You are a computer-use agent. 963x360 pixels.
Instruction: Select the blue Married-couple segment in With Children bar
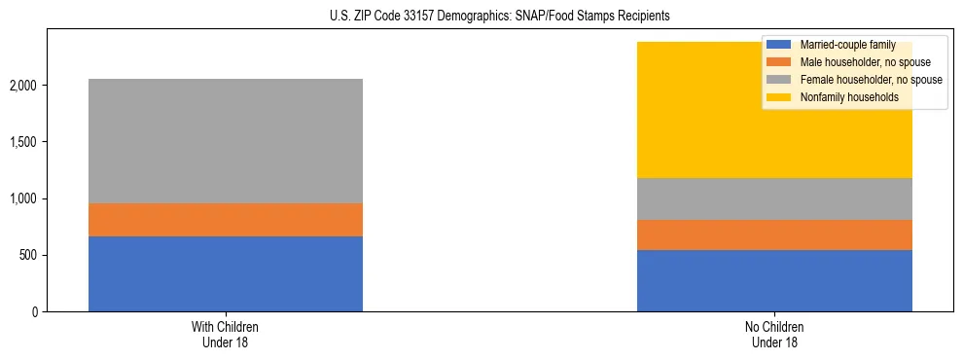(x=226, y=273)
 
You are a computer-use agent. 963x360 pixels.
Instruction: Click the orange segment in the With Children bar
(x=226, y=220)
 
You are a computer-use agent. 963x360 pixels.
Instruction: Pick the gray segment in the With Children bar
(x=226, y=141)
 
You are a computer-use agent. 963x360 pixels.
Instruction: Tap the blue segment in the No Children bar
(x=774, y=280)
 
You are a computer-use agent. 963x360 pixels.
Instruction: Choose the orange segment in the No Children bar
(x=774, y=234)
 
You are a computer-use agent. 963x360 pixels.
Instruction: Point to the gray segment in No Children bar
(x=774, y=198)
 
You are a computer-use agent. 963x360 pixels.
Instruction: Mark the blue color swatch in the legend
(x=779, y=45)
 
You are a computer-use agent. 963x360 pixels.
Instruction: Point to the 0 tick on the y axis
(x=34, y=312)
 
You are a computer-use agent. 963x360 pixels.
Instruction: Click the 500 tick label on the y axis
(x=29, y=256)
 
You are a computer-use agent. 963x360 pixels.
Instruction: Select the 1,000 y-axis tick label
(x=25, y=198)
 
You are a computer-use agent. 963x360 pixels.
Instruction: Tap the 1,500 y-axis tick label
(x=25, y=142)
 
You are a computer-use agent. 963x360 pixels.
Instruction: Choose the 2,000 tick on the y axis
(x=25, y=86)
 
